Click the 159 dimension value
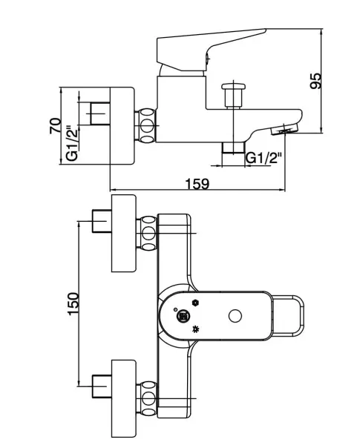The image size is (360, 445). [197, 184]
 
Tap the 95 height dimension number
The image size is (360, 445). [315, 81]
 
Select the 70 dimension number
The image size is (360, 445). [55, 126]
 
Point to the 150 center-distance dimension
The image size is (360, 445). [73, 303]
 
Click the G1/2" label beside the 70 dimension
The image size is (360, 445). [72, 143]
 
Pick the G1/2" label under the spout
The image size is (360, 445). [264, 158]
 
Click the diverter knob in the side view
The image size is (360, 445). [234, 96]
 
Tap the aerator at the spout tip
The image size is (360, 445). [284, 129]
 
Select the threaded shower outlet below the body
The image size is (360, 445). [233, 148]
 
